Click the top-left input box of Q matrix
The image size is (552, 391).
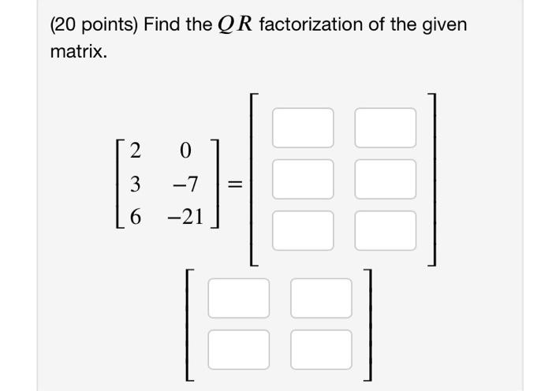tap(303, 128)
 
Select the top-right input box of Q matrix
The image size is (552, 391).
tap(385, 128)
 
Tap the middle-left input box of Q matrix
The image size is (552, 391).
tap(303, 178)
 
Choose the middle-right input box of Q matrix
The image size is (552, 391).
tap(385, 178)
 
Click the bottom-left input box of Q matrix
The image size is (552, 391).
tap(303, 229)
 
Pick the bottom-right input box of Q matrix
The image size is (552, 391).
tap(385, 229)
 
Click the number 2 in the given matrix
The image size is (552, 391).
tap(135, 150)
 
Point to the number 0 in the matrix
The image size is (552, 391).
tap(186, 150)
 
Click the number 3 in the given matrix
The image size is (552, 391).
tap(135, 184)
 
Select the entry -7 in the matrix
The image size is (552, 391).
tap(185, 184)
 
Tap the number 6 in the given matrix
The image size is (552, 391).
tap(135, 218)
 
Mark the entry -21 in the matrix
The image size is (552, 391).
tap(185, 218)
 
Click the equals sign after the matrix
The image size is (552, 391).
tap(234, 184)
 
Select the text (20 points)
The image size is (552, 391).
tap(94, 25)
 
